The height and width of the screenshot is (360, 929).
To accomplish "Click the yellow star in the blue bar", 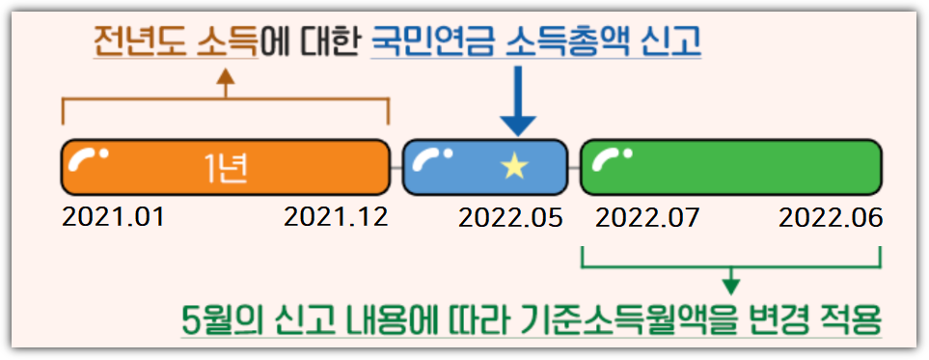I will point(514,167).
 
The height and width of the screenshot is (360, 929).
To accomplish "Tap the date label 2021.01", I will point(113,217).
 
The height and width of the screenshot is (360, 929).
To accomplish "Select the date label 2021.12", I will point(336,217).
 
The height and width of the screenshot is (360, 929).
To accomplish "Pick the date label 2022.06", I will point(831,217).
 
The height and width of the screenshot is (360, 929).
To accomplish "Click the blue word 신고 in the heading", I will point(671,41).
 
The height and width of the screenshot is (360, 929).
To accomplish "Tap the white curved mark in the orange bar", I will point(88,159).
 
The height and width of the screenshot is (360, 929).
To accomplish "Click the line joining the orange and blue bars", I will point(396,168).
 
